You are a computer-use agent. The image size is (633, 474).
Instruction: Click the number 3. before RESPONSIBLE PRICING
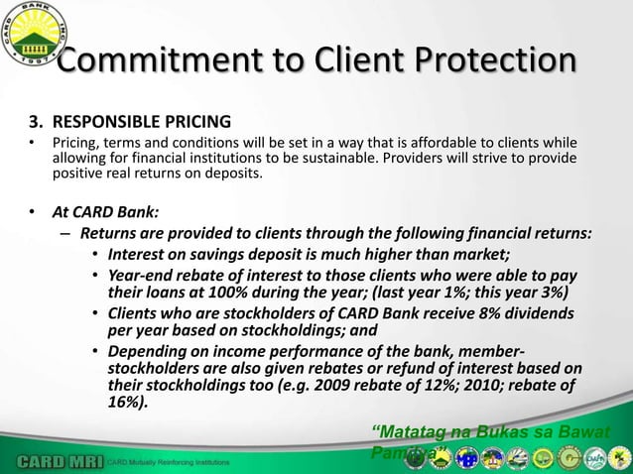tap(36, 124)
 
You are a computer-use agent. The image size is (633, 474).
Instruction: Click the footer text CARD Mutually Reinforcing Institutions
tap(170, 463)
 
